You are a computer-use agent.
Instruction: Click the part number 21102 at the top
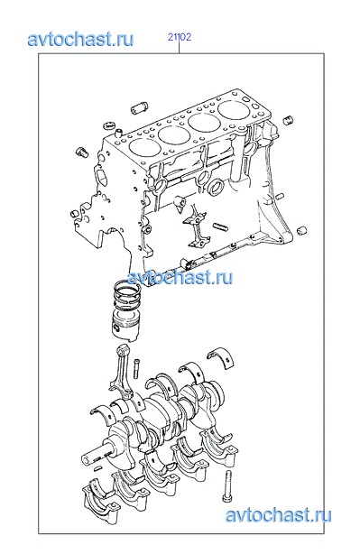[x=180, y=37]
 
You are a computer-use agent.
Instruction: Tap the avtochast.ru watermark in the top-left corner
[x=80, y=39]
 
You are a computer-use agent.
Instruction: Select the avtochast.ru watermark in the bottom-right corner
[x=279, y=515]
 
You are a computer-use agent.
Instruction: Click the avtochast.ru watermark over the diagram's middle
[x=180, y=277]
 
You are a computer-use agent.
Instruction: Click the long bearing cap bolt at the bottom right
[x=226, y=486]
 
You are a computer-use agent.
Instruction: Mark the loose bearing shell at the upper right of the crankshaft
[x=222, y=357]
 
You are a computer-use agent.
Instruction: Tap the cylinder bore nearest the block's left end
[x=144, y=147]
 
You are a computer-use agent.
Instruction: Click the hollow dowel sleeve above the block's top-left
[x=140, y=107]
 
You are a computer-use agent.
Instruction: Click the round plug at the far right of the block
[x=301, y=231]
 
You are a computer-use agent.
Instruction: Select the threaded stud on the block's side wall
[x=222, y=227]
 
